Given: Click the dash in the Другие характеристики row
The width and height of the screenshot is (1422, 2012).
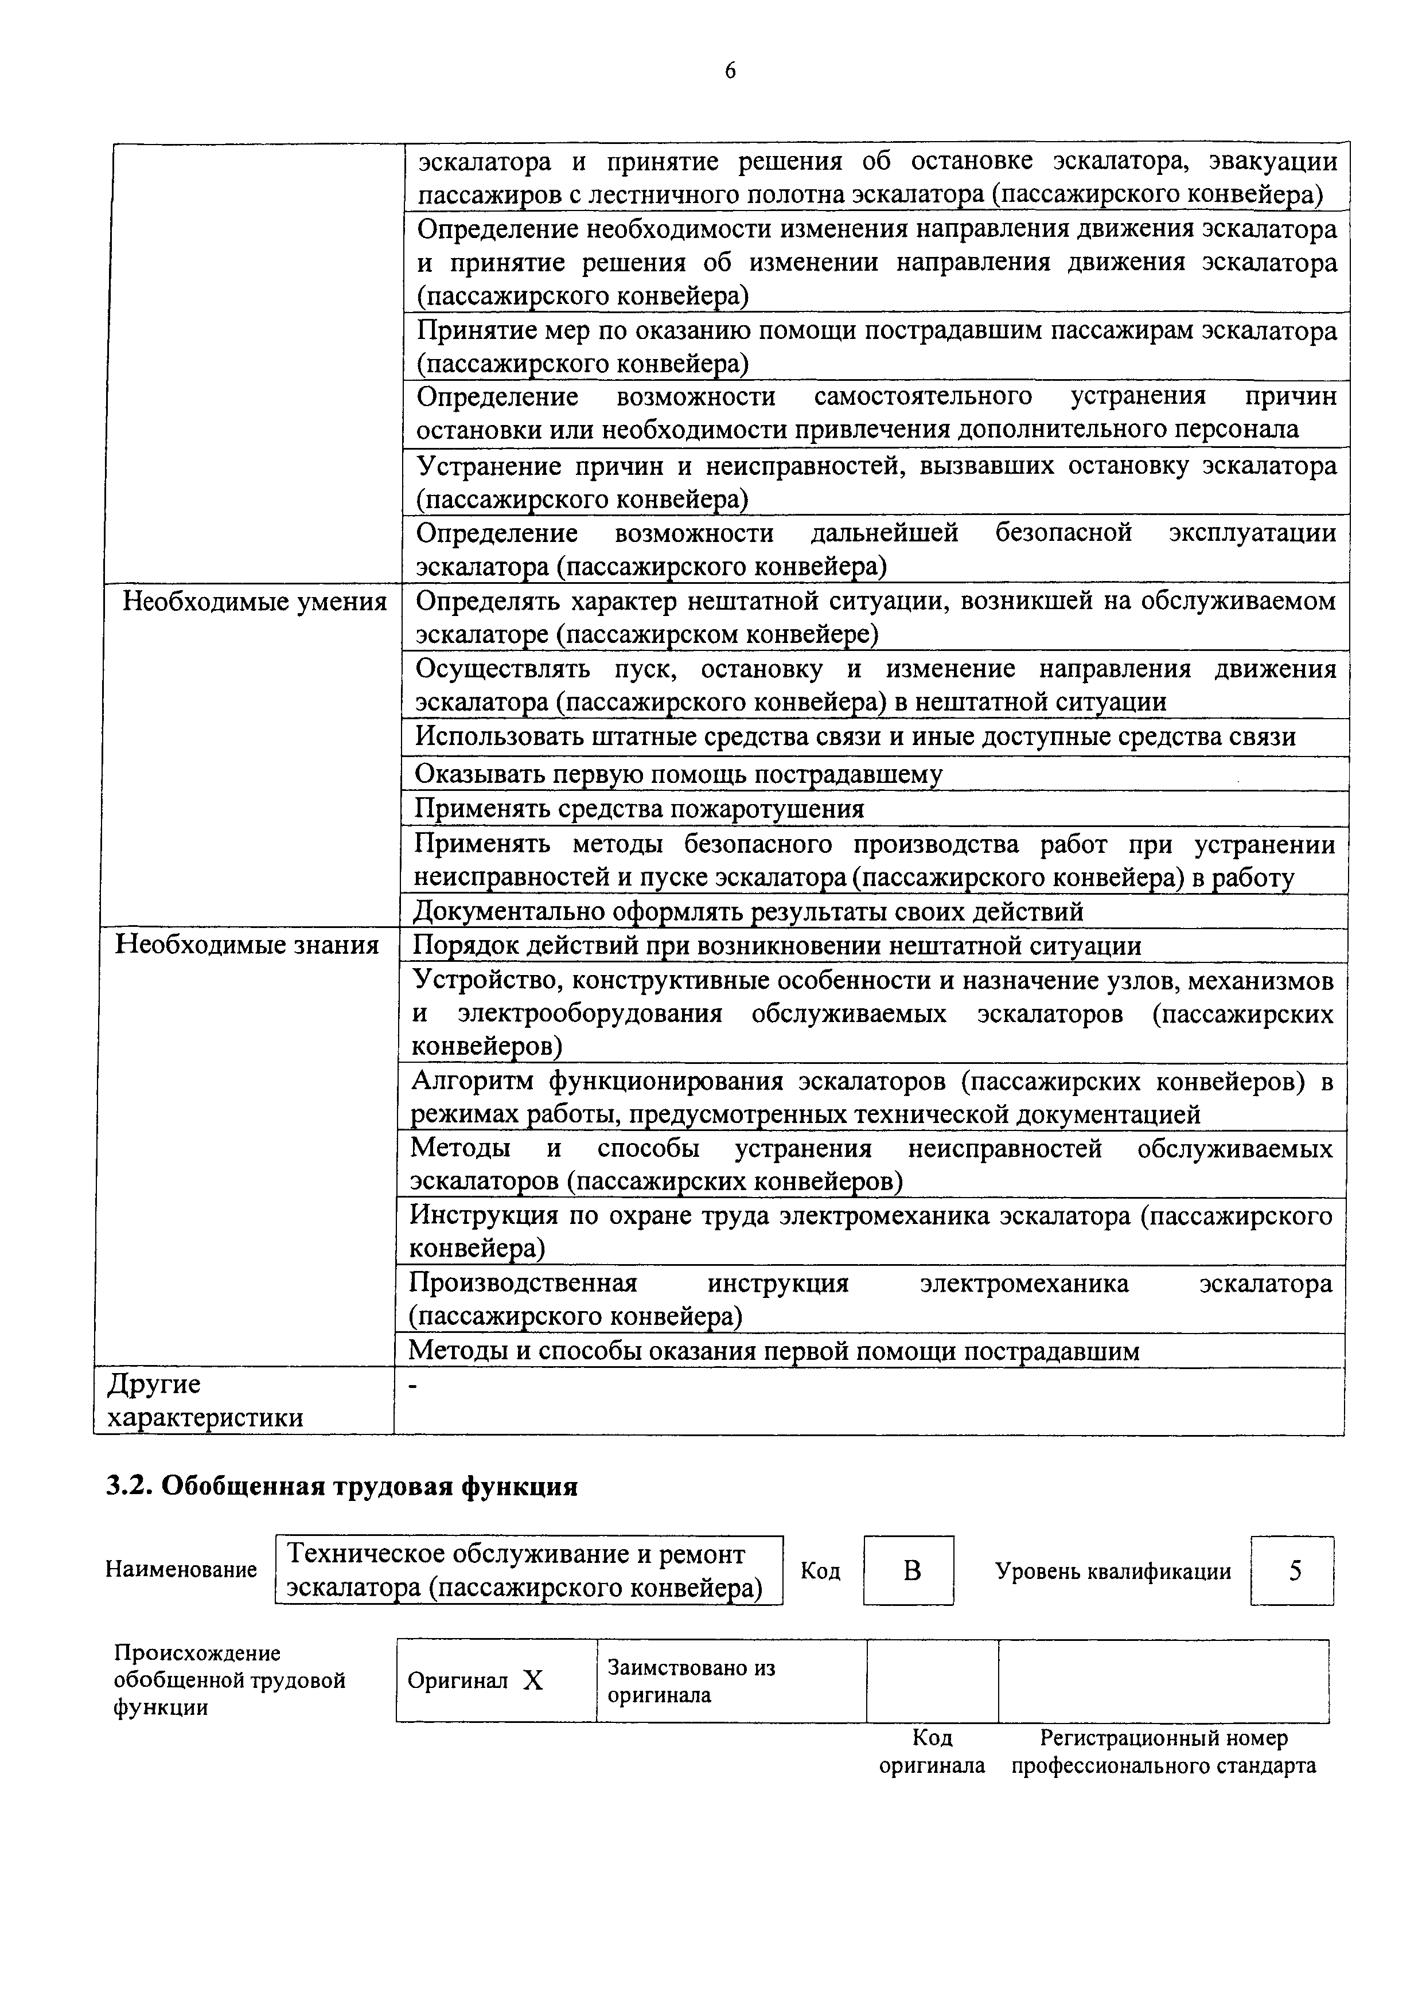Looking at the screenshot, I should click(414, 1387).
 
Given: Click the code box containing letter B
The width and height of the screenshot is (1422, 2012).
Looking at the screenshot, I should click(909, 1570).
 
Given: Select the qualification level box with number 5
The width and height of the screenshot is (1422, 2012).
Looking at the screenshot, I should click(1293, 1570).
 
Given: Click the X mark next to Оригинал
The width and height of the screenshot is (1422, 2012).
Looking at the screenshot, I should click(533, 1680).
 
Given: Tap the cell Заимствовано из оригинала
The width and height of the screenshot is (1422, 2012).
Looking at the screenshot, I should click(691, 1680).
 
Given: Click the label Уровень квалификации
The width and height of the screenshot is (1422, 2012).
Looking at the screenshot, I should click(1113, 1571).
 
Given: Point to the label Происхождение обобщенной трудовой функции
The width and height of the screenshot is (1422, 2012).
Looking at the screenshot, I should click(229, 1680).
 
